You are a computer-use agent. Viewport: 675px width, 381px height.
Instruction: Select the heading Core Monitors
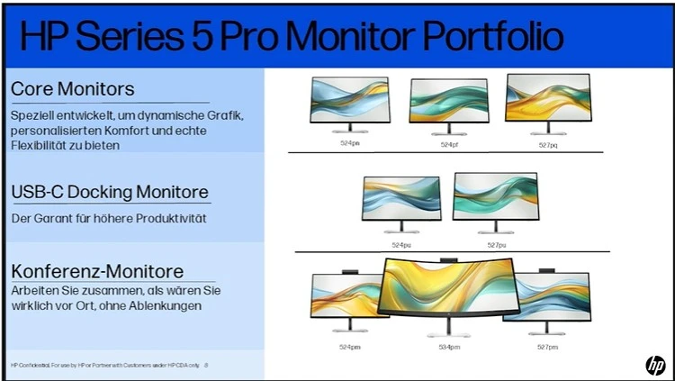click(x=73, y=89)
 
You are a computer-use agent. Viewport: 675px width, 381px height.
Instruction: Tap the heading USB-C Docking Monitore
click(x=110, y=193)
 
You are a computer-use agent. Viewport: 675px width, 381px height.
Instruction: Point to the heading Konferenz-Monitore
click(x=97, y=271)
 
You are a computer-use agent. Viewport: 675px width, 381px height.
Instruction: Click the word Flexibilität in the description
click(x=41, y=145)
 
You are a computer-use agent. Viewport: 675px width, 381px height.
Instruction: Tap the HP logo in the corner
click(x=654, y=364)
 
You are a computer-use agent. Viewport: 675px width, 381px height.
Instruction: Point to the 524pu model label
click(x=400, y=243)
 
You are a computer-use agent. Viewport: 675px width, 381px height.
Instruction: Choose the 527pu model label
click(x=496, y=243)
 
